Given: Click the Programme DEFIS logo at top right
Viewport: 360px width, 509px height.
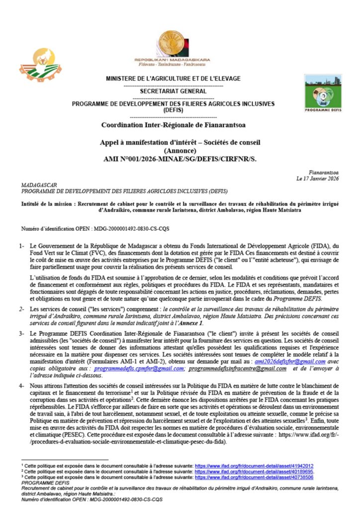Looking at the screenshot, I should coord(323,93).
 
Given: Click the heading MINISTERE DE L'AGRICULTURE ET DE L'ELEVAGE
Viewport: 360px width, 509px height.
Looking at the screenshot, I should coord(173,79).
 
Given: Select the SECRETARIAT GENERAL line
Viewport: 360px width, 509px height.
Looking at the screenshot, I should coord(173,92).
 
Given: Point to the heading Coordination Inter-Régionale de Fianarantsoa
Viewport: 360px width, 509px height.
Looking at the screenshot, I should coord(173,125).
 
